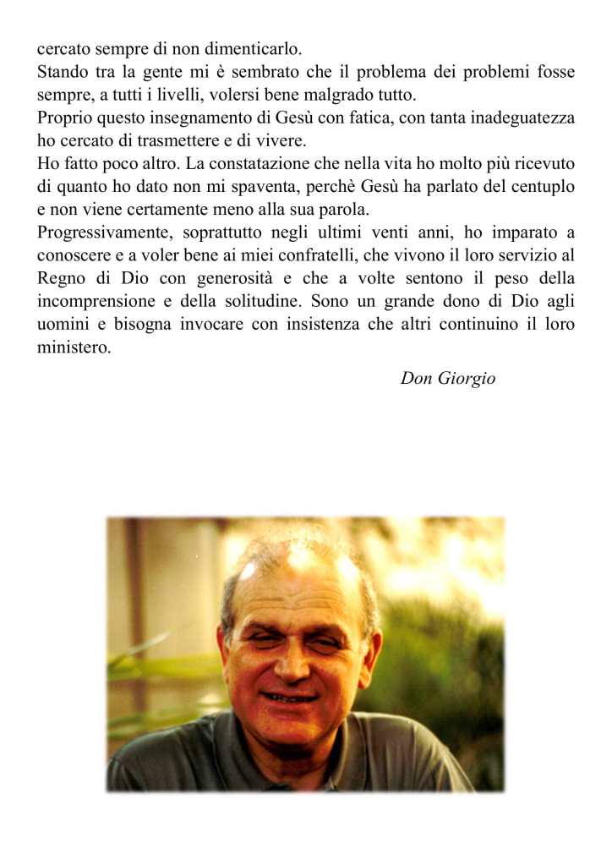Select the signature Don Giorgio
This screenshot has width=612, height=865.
pos(448,378)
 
